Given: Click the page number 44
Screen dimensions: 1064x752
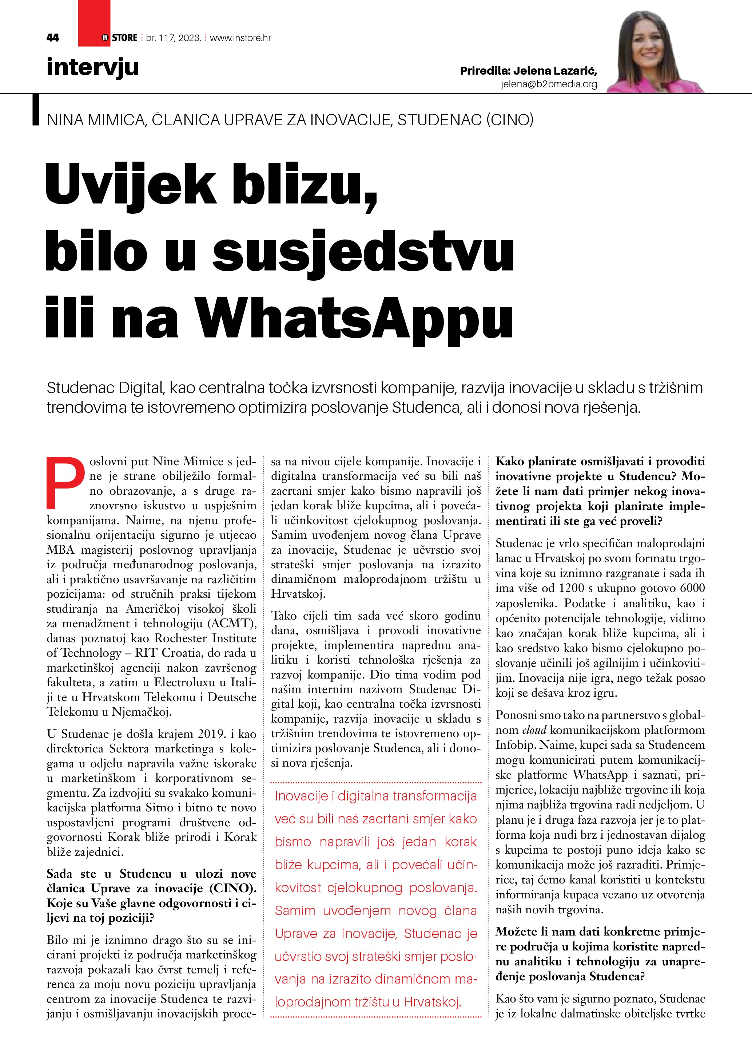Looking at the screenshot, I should click(53, 38).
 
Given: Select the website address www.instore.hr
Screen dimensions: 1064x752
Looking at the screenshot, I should click(240, 38).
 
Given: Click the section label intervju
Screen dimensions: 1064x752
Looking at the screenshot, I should click(93, 67).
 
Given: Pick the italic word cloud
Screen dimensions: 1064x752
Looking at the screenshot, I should click(534, 730).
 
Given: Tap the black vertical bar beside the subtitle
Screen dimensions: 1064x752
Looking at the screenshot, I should click(36, 110).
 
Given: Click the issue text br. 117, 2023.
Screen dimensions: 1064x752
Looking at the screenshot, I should click(174, 38).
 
